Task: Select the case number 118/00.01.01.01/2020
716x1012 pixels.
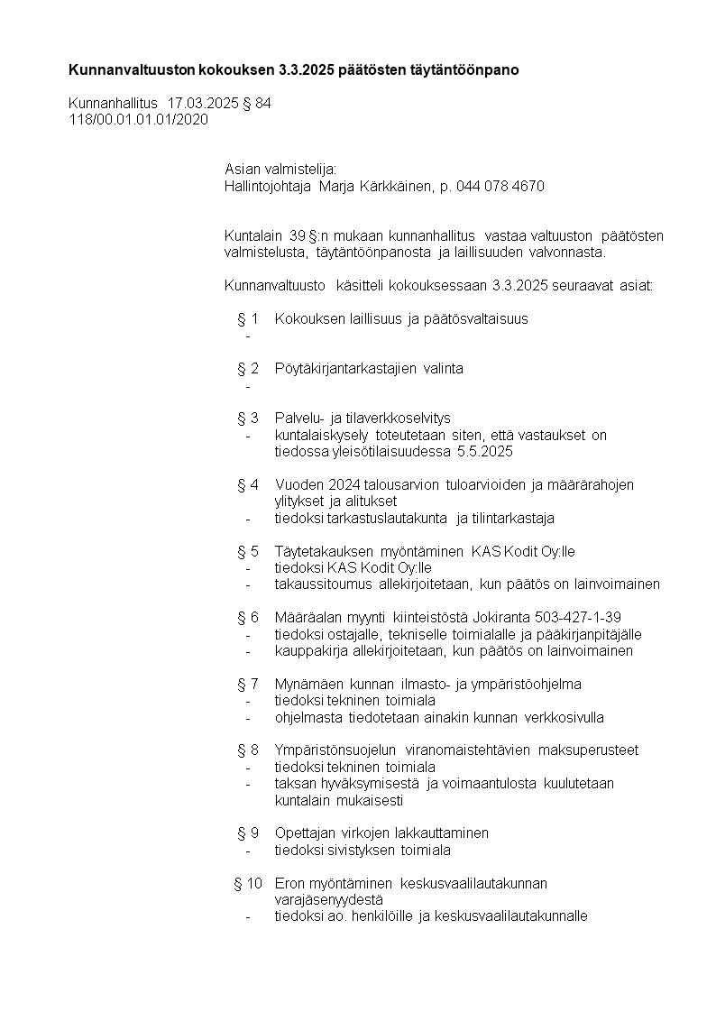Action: click(x=138, y=119)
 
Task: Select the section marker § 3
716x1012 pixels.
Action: click(x=248, y=419)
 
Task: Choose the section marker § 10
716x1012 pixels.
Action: click(x=248, y=883)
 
